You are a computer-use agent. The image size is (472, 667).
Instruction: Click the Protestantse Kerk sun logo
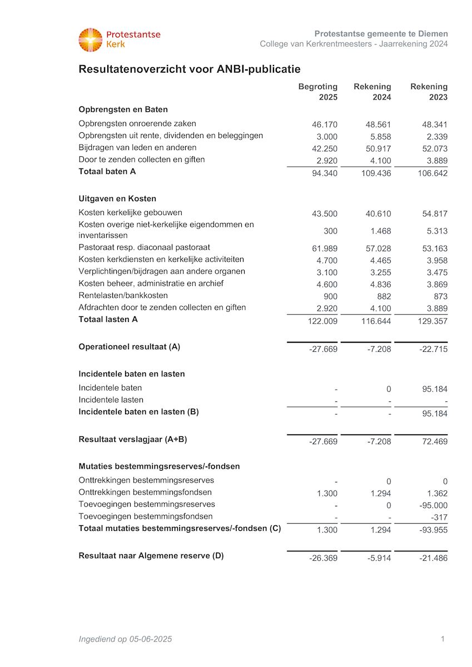pos(91,40)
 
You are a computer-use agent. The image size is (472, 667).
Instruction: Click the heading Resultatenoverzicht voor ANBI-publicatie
pos(190,69)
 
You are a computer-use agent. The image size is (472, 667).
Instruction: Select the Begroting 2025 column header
pos(318,92)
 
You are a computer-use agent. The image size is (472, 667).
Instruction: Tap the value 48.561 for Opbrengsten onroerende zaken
pos(379,125)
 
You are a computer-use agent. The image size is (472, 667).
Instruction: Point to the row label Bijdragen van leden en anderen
pos(137,148)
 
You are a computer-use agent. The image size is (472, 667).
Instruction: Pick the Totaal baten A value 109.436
pos(376,173)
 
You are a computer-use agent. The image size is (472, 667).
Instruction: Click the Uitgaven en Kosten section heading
pos(117,198)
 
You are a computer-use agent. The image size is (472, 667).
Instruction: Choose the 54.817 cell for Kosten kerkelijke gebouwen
pos(435,214)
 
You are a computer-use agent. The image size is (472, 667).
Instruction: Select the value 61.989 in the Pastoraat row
pos(325,248)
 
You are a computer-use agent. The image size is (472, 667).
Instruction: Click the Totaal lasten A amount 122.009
pos(322,321)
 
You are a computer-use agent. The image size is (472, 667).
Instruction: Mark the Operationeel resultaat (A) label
pos(130,347)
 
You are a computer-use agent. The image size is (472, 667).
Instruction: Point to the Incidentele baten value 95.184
pos(435,389)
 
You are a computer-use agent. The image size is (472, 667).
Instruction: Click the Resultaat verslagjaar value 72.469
pos(435,442)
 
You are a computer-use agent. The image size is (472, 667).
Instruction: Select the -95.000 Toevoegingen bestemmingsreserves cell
pos(433,506)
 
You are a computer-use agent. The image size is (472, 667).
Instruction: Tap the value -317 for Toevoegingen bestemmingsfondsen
pos(439,518)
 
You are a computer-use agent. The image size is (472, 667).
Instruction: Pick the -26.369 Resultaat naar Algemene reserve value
pos(323,558)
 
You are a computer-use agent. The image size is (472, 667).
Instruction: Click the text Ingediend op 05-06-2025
pos(125,639)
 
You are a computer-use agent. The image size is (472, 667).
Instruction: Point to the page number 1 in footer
pos(443,639)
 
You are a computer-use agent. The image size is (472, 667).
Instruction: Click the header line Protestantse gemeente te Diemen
pos(381,34)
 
